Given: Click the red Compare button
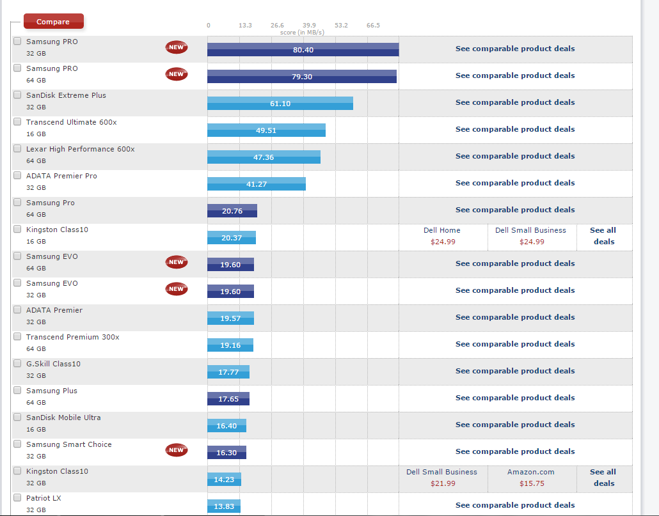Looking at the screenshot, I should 53,22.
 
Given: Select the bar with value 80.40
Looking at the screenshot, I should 303,50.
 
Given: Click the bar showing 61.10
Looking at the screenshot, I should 280,104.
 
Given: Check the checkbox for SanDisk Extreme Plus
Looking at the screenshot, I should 17,95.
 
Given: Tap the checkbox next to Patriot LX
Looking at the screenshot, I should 17,498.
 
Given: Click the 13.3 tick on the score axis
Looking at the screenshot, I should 245,26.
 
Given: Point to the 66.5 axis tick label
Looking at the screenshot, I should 373,26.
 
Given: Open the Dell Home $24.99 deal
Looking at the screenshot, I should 441,236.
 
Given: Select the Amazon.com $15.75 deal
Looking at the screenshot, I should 530,478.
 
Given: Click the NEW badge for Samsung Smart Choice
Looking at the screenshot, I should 177,450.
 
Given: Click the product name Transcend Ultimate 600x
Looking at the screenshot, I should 71,122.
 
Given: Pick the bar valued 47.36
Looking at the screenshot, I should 264,157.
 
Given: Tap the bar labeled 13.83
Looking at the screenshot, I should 224,506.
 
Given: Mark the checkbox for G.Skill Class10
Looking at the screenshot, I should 17,364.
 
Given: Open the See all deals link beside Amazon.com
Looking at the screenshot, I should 603,478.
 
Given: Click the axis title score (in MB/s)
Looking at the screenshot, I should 302,33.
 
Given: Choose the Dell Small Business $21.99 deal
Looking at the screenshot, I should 441,478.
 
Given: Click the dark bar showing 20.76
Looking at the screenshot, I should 232,211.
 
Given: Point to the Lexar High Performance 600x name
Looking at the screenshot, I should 80,149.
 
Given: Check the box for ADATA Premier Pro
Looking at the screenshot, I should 17,176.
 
